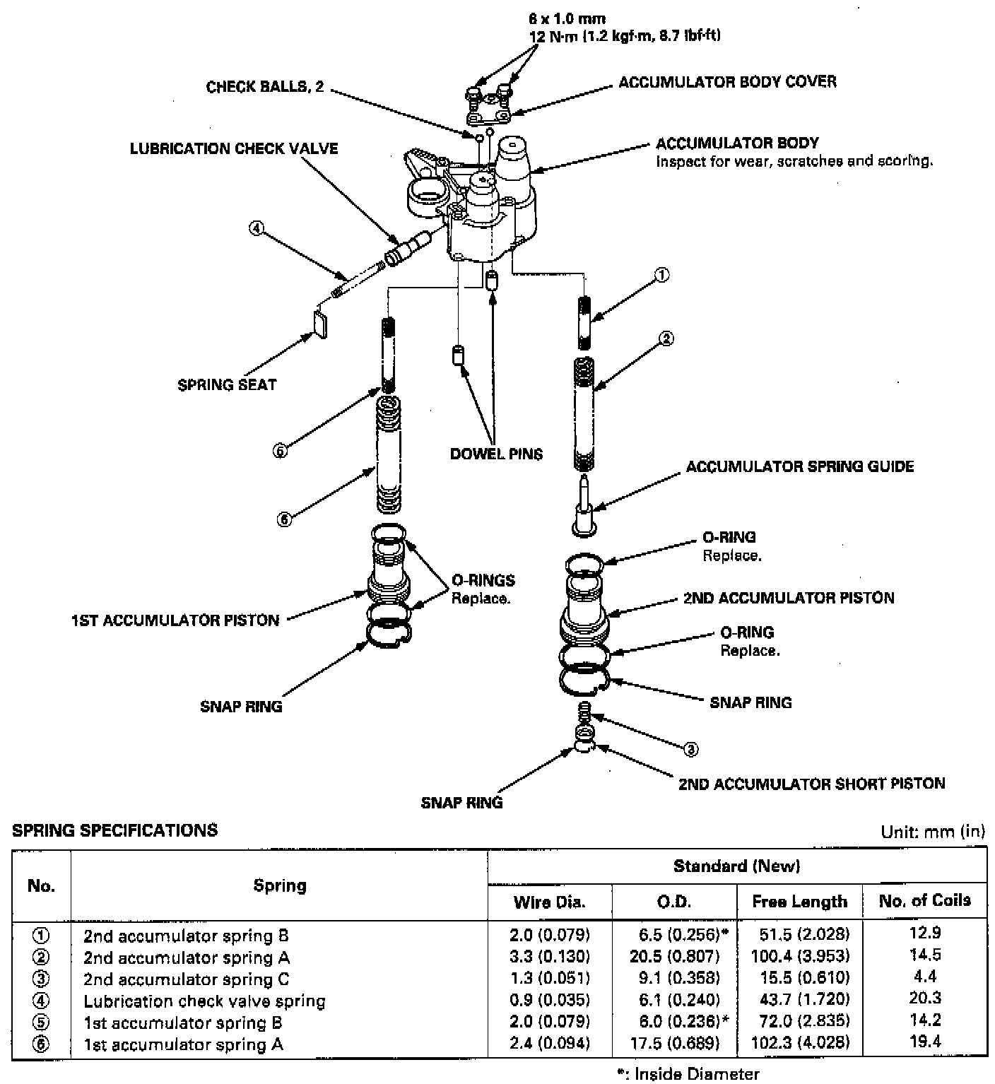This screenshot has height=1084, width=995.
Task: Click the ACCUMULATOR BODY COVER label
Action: click(727, 82)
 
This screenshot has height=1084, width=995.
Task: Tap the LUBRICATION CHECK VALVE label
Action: click(234, 149)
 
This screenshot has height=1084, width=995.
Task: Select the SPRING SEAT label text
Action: click(227, 385)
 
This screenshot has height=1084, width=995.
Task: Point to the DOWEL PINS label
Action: click(496, 454)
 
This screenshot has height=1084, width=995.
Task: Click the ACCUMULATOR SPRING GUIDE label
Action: click(799, 467)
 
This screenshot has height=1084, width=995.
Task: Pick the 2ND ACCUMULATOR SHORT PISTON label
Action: click(811, 784)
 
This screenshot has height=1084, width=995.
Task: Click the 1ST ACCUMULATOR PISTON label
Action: click(175, 620)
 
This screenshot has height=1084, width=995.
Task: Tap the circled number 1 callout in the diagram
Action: click(662, 276)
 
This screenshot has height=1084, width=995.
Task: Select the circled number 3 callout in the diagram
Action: click(692, 750)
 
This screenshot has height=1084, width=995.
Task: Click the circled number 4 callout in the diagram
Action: click(256, 228)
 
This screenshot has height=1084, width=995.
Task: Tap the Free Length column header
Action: click(799, 902)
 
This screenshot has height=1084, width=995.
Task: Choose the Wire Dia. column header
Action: click(549, 902)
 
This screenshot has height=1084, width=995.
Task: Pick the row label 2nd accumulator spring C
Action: click(186, 979)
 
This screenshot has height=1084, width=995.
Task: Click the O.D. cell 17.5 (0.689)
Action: click(674, 1044)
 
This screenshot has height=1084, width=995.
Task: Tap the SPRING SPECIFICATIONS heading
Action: click(115, 830)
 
